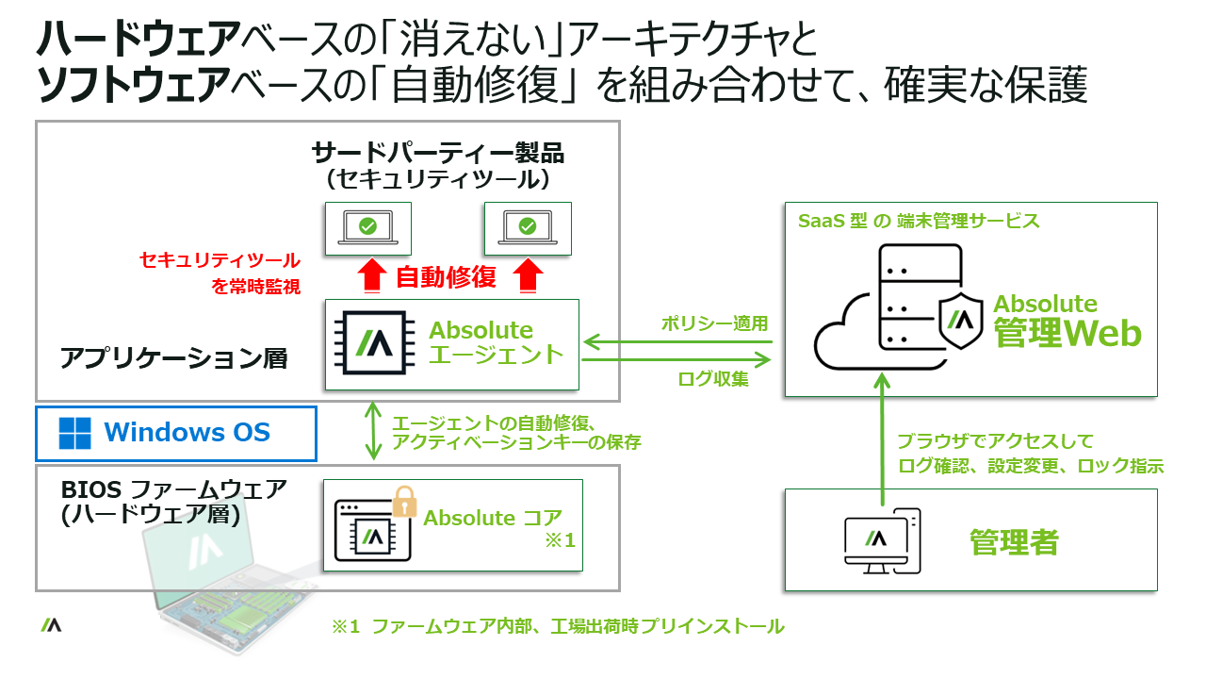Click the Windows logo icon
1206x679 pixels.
[x=75, y=434]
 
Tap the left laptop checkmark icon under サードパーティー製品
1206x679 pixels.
[x=368, y=227]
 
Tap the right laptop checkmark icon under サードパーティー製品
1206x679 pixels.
[x=528, y=227]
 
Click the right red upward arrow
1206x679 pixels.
[x=531, y=276]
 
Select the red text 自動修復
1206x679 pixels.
[x=446, y=277]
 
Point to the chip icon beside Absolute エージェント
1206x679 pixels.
[x=368, y=344]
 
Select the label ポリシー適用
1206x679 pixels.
[x=717, y=323]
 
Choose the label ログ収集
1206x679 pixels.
[x=713, y=379]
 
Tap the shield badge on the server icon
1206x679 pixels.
[x=963, y=321]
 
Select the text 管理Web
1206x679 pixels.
[x=1067, y=333]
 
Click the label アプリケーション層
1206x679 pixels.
[x=173, y=358]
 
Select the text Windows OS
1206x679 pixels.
[x=187, y=433]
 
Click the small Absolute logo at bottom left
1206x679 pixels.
[x=51, y=624]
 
